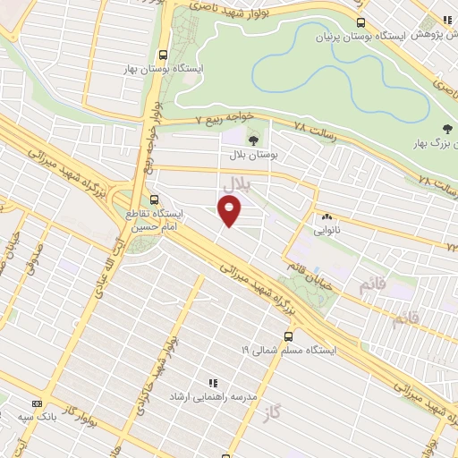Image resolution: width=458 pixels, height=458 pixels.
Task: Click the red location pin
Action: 230,211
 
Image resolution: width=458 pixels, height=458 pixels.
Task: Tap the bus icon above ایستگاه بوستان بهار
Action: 162,53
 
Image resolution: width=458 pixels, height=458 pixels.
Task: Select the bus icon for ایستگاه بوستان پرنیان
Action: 360,22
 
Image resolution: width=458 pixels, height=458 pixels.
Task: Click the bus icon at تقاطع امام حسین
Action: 155,199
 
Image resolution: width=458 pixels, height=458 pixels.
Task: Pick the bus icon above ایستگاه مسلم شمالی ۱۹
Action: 288,336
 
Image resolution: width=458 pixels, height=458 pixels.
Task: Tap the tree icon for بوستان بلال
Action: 253,140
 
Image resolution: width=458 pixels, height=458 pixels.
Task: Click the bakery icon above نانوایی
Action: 326,216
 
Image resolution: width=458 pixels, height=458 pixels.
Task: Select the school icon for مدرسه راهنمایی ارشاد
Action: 213,381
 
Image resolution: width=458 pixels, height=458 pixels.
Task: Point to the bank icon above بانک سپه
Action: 38,404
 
